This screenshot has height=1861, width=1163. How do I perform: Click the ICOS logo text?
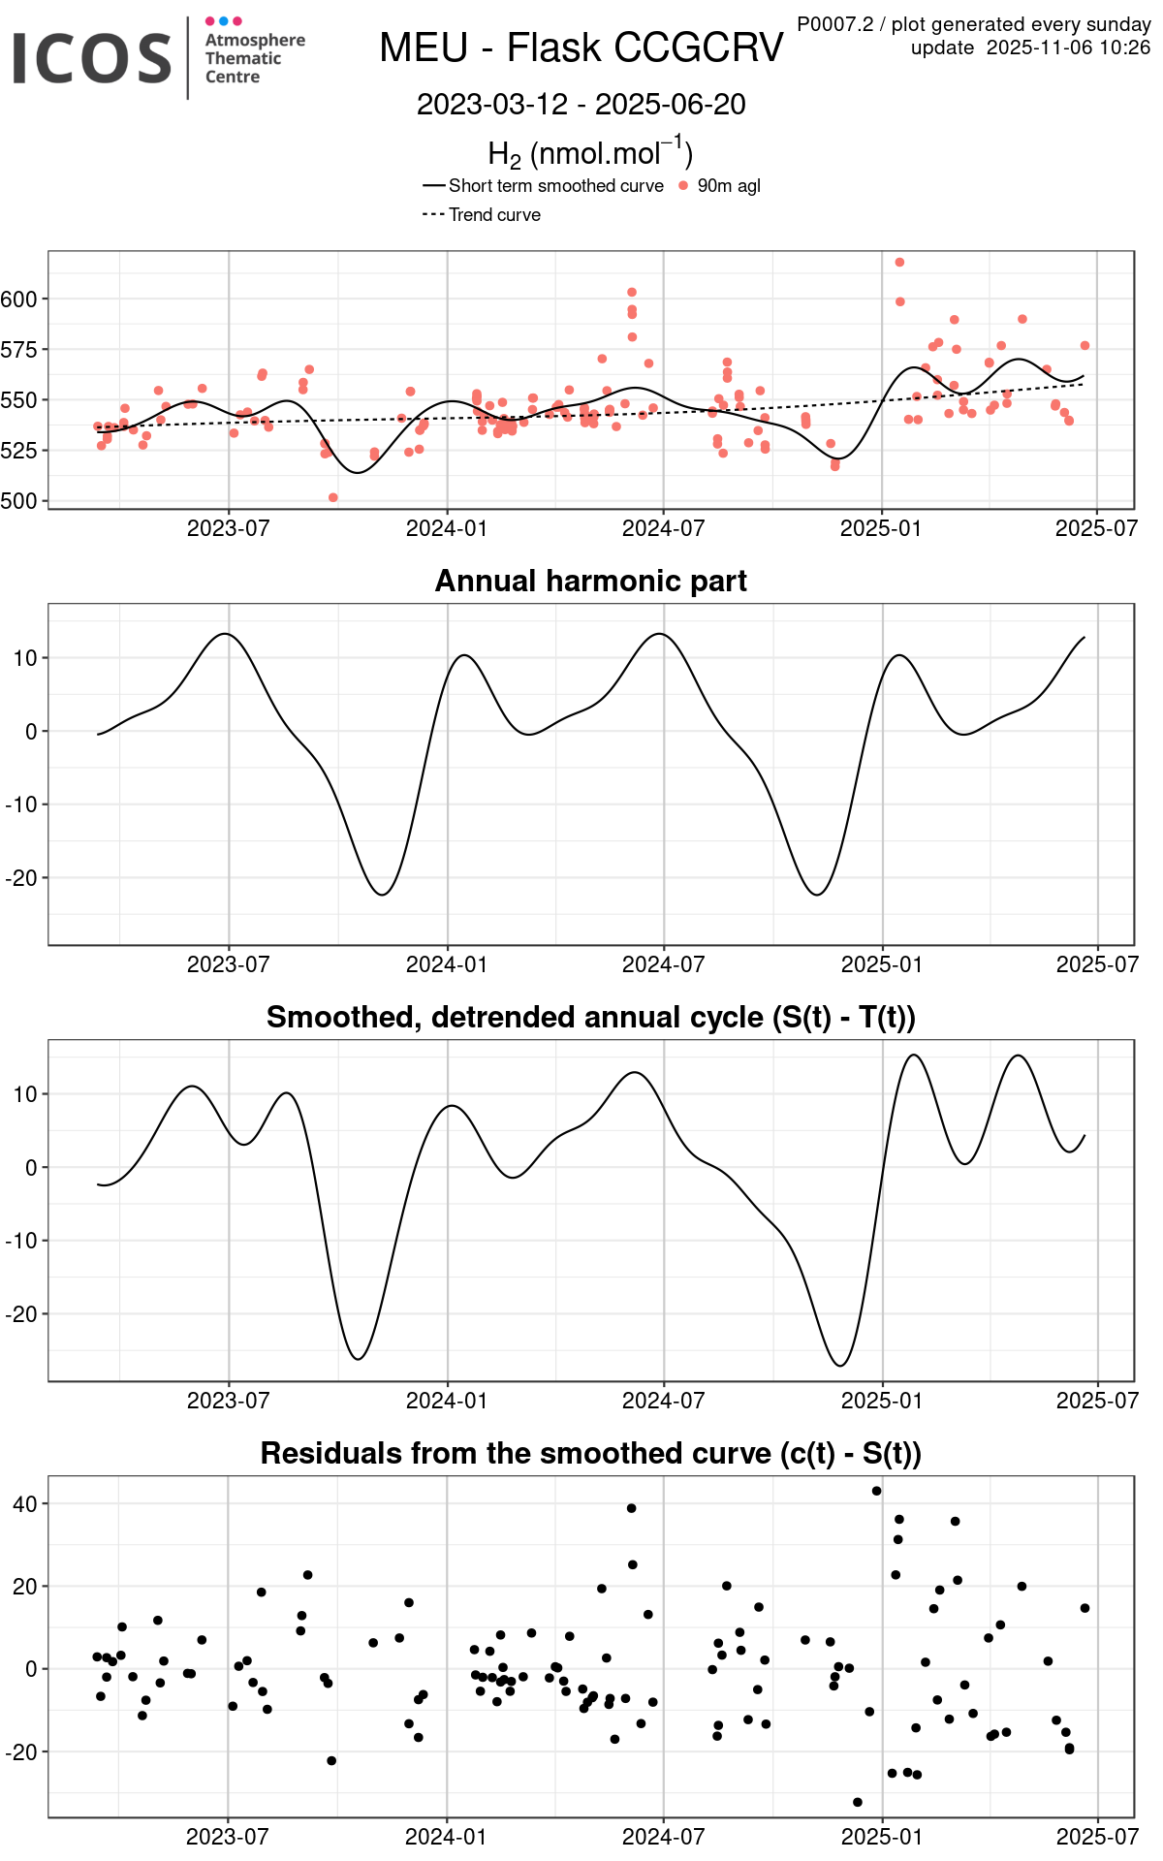click(x=92, y=57)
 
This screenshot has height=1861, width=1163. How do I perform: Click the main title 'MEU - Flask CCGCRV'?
click(x=581, y=47)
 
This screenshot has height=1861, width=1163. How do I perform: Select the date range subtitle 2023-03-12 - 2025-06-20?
click(x=581, y=105)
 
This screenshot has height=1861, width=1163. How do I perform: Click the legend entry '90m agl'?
click(x=728, y=186)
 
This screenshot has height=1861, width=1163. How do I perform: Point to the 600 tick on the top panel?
click(x=19, y=300)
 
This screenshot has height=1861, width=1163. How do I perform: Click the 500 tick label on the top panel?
click(x=19, y=501)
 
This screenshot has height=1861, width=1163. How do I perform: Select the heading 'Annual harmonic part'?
click(x=590, y=581)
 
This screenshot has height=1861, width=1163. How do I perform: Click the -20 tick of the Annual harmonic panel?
click(x=21, y=878)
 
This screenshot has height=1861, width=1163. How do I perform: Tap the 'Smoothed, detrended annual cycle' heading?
click(x=590, y=1017)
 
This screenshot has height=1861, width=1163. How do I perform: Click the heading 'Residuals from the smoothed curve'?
click(x=590, y=1453)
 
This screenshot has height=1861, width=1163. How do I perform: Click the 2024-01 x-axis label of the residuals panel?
click(x=446, y=1837)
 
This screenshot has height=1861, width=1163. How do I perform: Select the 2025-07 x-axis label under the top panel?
click(x=1096, y=528)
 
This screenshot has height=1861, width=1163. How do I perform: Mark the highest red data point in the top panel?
click(x=899, y=263)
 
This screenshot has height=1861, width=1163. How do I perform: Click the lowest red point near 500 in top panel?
click(x=333, y=498)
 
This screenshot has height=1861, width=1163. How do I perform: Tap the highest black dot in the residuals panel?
click(x=876, y=1491)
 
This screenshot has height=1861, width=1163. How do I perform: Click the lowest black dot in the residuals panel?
click(x=857, y=1802)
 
